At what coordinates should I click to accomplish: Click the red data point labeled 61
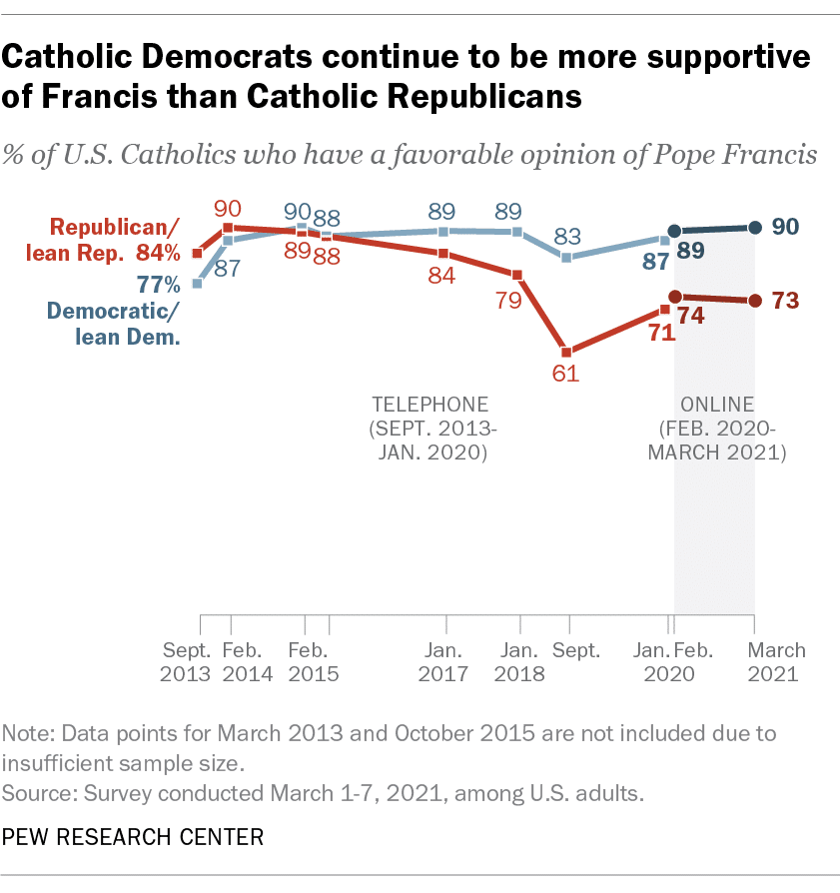click(x=566, y=353)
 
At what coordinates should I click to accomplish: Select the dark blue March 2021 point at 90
click(x=754, y=228)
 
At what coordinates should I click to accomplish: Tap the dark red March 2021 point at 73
click(x=754, y=301)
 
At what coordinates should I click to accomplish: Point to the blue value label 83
click(x=566, y=236)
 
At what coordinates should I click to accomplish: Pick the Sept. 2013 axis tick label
click(x=185, y=661)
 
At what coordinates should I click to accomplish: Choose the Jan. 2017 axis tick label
click(x=442, y=661)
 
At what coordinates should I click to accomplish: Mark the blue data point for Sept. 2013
click(x=198, y=284)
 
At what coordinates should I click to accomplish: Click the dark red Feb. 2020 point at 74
click(x=675, y=297)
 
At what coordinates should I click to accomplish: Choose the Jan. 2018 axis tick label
click(x=519, y=661)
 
